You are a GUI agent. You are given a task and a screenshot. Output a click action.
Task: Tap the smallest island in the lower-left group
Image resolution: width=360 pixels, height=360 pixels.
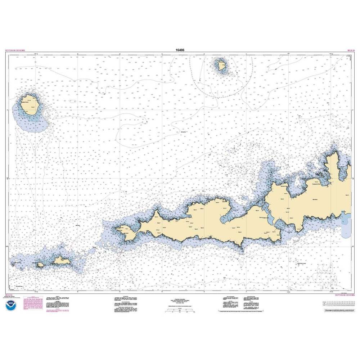[40, 264]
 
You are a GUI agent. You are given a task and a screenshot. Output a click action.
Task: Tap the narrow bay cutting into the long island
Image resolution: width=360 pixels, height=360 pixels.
[225, 216]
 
